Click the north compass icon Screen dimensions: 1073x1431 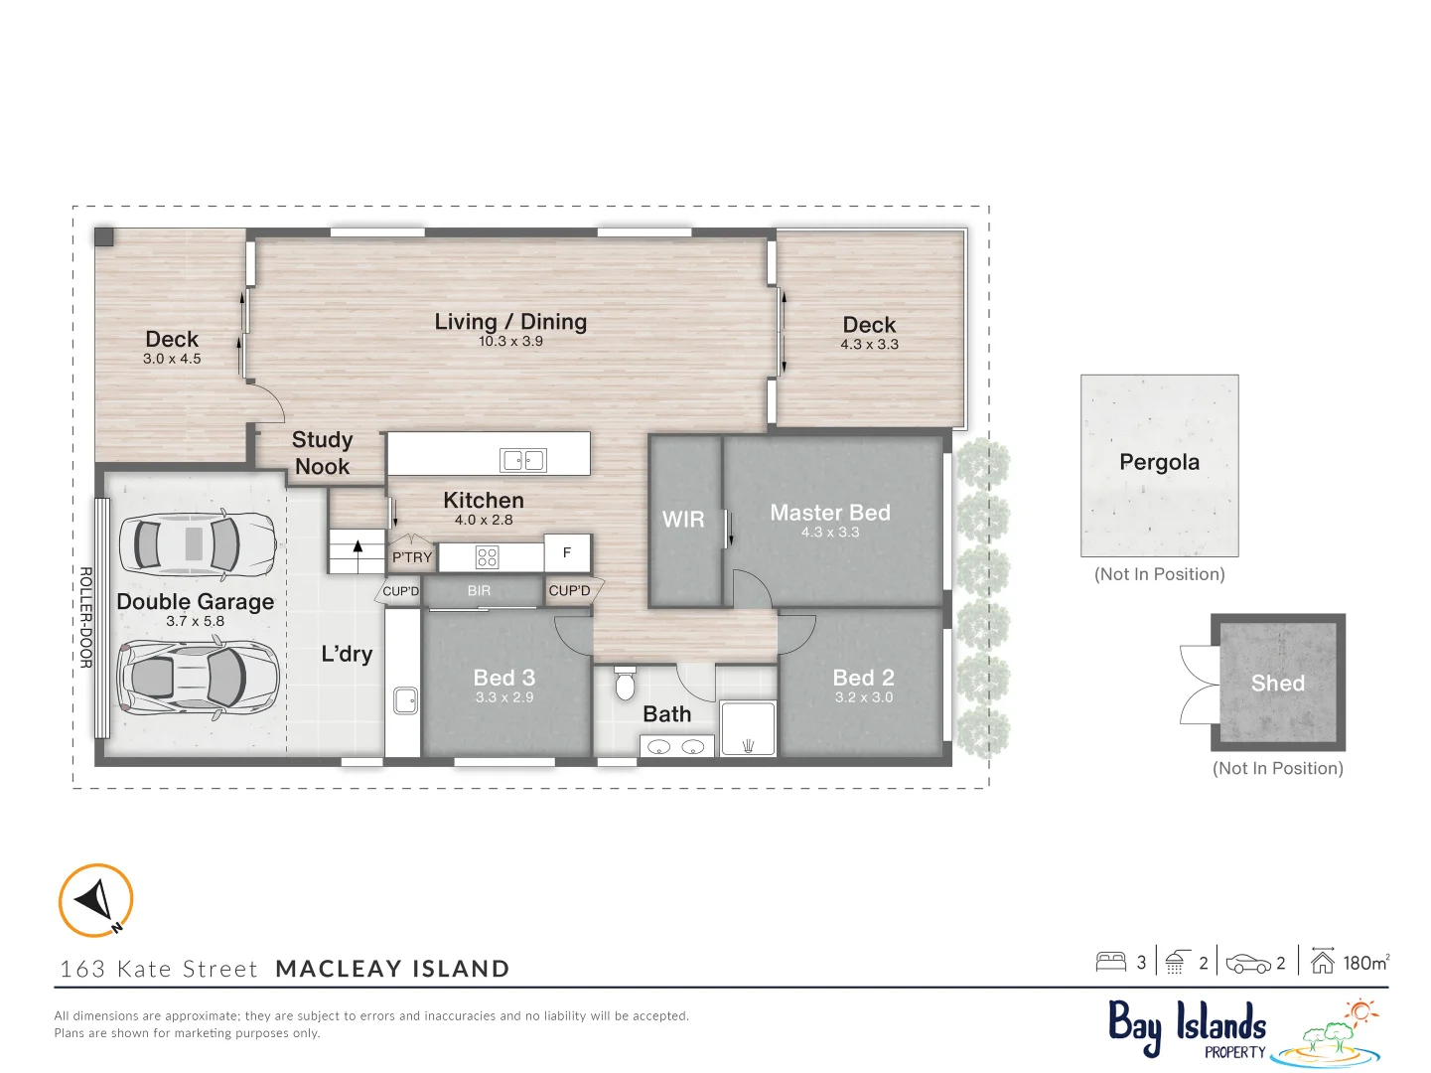(x=95, y=900)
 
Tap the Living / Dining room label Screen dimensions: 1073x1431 (x=510, y=322)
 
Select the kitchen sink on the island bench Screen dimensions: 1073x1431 (x=523, y=460)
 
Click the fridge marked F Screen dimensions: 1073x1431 (x=567, y=553)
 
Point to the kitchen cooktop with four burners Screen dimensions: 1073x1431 (x=487, y=557)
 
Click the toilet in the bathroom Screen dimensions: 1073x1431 (x=625, y=683)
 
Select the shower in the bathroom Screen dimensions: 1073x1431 (x=748, y=729)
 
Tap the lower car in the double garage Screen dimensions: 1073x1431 (x=198, y=677)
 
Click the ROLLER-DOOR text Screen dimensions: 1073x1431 (x=85, y=617)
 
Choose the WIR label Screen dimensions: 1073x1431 (x=683, y=520)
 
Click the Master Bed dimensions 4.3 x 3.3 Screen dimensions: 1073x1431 (x=830, y=533)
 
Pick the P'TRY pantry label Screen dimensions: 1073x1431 (x=412, y=557)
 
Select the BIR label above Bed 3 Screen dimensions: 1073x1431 (x=479, y=591)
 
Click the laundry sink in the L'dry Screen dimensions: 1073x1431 (x=405, y=700)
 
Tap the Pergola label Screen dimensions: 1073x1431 (x=1159, y=462)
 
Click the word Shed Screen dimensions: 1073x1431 (x=1278, y=684)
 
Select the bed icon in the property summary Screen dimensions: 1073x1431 (x=1110, y=962)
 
